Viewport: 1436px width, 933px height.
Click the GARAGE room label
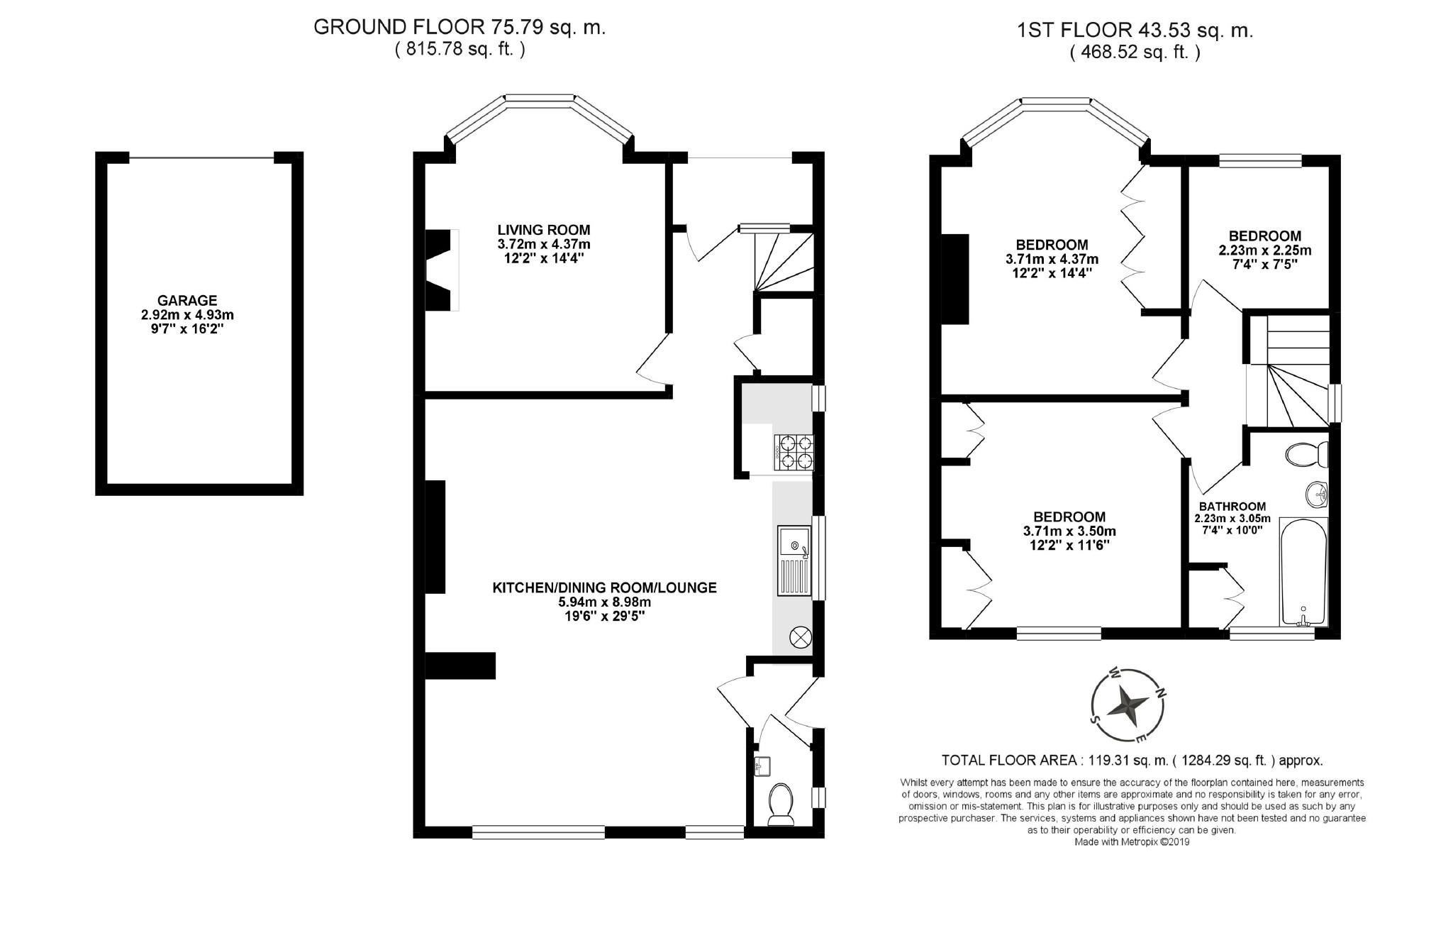tap(187, 301)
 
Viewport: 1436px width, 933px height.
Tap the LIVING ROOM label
tap(544, 230)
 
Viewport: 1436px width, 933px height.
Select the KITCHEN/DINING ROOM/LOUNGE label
tap(605, 587)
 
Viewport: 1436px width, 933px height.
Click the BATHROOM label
tap(1232, 507)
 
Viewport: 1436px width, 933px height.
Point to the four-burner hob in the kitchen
tap(794, 452)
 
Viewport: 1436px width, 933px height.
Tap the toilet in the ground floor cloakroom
tap(781, 805)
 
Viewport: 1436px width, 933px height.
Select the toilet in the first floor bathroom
tap(1306, 455)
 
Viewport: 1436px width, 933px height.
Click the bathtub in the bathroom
tap(1303, 572)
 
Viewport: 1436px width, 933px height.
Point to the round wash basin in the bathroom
tap(1316, 492)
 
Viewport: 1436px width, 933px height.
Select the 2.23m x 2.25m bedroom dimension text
tap(1264, 250)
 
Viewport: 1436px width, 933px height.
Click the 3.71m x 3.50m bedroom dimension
tap(1069, 531)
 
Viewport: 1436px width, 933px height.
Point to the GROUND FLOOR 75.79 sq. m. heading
tap(460, 28)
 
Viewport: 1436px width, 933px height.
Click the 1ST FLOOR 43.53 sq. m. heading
tap(1135, 31)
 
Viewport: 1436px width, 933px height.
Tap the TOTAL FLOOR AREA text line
tap(1132, 761)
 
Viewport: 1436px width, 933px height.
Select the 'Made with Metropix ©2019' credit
tap(1132, 842)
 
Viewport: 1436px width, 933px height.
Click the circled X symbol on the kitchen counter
tap(800, 637)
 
